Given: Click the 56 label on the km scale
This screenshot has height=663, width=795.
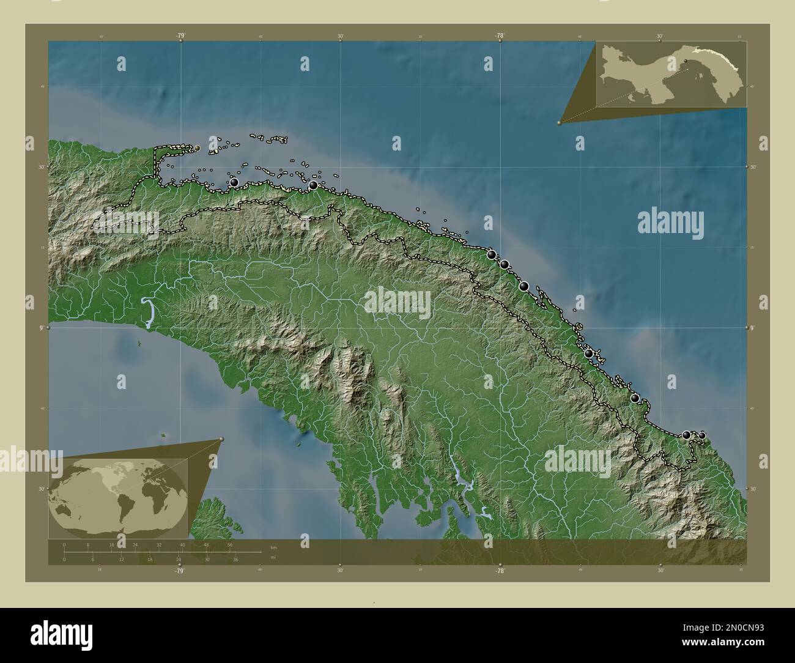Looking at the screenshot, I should click(230, 544).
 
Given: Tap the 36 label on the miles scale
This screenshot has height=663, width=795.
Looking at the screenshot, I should click(235, 560).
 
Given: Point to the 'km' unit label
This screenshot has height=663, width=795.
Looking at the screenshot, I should click(273, 547).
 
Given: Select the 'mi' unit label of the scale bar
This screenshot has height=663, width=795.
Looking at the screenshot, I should click(273, 558).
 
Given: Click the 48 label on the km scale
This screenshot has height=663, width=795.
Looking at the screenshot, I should click(206, 544).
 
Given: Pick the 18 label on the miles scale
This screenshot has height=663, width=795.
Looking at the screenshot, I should click(150, 560).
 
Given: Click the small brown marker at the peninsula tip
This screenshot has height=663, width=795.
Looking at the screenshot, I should click(197, 148).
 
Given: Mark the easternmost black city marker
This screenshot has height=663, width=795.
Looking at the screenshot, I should click(701, 435).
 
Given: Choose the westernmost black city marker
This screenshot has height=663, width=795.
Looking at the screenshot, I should click(234, 182).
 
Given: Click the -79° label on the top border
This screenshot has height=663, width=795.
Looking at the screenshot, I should click(180, 35).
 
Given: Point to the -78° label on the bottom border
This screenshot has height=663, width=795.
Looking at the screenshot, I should click(500, 571).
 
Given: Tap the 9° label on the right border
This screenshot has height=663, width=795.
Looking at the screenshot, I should click(753, 328).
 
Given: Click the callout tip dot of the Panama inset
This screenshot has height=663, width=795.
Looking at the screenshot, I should click(559, 123).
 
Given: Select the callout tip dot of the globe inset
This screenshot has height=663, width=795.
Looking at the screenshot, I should click(221, 439).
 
